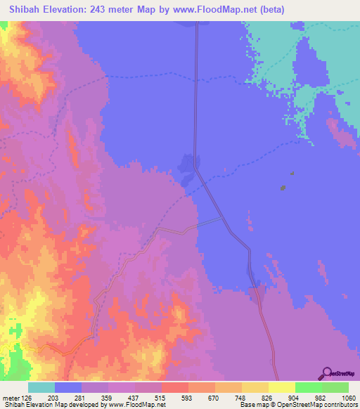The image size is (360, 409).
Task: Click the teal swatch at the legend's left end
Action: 41,387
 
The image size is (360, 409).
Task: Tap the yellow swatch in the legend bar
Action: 281,387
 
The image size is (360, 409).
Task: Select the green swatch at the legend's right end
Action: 335,387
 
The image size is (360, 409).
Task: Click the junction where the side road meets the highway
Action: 224,218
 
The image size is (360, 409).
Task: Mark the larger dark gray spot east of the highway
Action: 283,188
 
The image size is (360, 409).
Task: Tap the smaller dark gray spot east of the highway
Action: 292,173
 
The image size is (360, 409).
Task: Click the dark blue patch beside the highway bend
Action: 187,166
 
